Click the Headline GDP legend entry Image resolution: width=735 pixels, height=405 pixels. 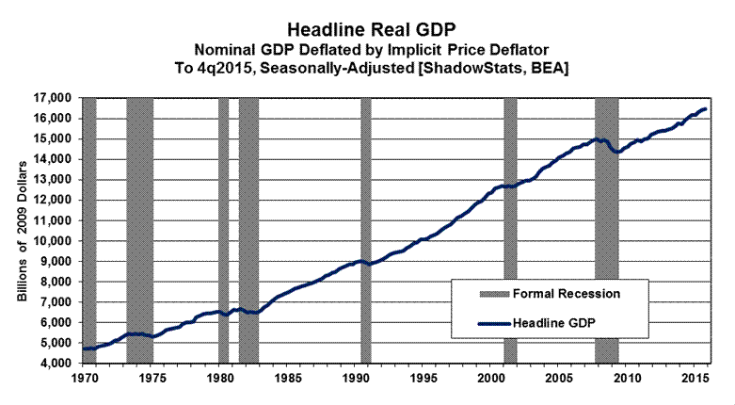click(x=558, y=324)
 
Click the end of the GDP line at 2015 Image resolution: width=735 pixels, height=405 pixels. click(x=705, y=109)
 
